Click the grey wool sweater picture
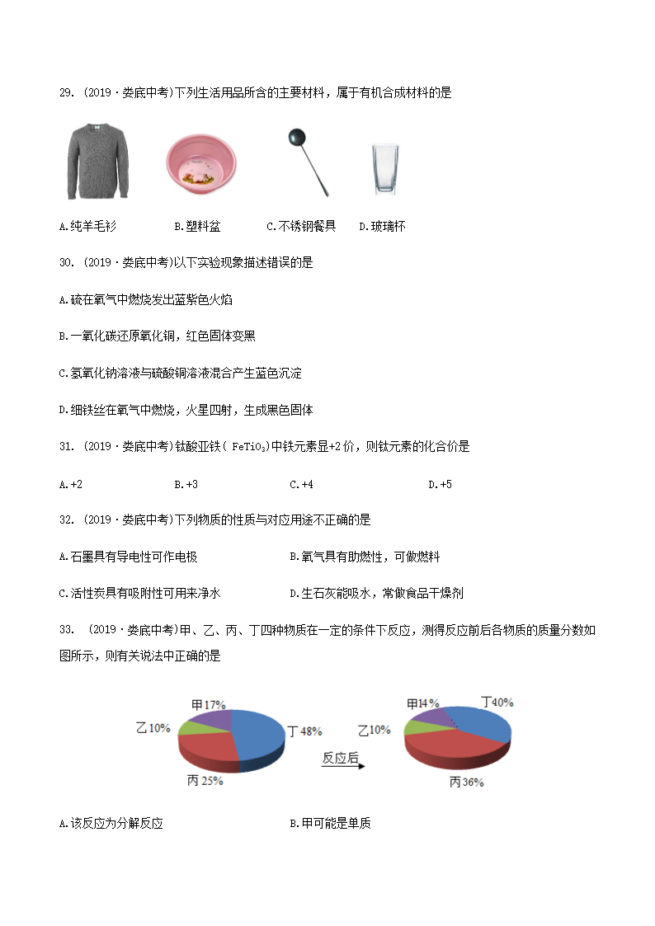97,162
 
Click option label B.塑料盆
197,226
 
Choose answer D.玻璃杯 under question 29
382,226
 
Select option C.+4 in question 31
301,484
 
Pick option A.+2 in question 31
71,484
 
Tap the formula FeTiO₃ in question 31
247,447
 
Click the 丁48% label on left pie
304,731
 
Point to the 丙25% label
205,781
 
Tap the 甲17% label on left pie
208,705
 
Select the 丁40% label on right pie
497,703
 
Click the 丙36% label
466,783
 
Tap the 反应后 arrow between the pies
341,760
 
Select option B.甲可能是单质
330,824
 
